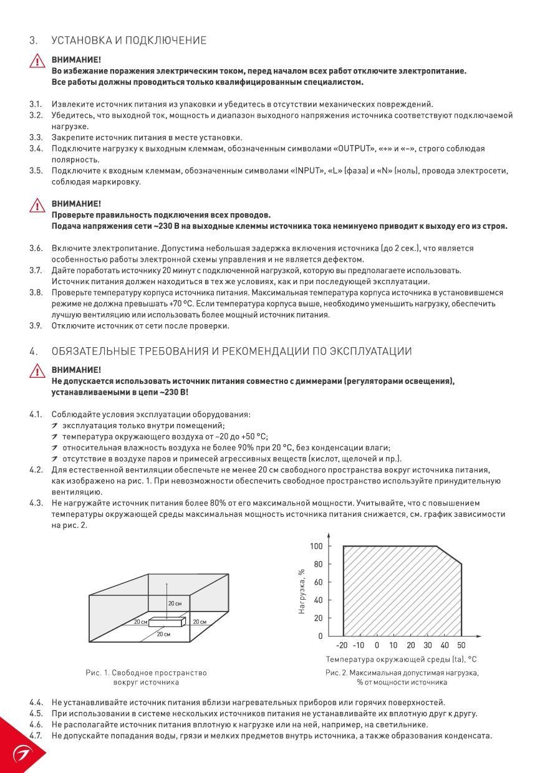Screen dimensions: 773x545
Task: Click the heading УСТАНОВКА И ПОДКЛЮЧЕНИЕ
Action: pos(128,41)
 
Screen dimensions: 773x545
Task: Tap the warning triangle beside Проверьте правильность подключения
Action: pos(37,205)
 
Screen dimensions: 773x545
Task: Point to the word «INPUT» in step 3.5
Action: pos(308,171)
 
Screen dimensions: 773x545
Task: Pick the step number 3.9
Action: pos(36,325)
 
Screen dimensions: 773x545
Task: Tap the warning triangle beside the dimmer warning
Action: pos(37,372)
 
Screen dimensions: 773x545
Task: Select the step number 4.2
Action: pos(36,469)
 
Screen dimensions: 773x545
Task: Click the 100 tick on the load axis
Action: pos(316,547)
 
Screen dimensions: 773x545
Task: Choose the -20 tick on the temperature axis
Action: pos(342,645)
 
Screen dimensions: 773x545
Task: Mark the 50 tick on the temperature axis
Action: pos(461,645)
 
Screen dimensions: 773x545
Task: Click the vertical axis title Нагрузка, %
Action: pos(302,592)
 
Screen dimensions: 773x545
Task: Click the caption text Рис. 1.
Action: pos(97,673)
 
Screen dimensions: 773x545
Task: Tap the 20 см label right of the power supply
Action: pos(200,622)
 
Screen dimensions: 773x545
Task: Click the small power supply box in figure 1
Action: pos(167,622)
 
